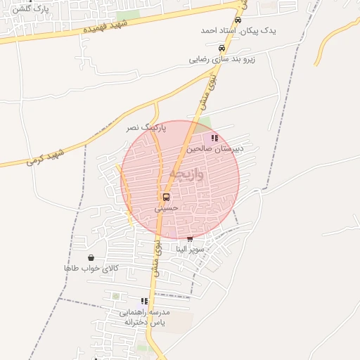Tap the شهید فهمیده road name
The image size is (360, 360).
click(x=105, y=27)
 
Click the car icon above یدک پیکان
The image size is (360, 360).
click(x=238, y=20)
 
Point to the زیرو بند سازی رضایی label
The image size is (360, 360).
click(x=221, y=60)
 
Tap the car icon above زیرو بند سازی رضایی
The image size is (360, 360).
click(x=222, y=49)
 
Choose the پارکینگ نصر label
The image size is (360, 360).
click(x=146, y=128)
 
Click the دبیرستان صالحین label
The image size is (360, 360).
click(x=215, y=150)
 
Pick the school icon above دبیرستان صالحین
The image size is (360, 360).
click(x=214, y=139)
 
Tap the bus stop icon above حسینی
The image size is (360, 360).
click(x=167, y=197)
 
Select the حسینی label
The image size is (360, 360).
click(x=167, y=208)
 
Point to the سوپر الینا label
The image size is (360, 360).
click(x=190, y=250)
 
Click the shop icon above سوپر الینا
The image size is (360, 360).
click(x=190, y=239)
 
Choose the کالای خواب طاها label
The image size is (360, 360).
click(x=91, y=269)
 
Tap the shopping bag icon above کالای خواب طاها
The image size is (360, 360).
click(x=91, y=258)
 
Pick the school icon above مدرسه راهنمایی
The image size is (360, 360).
click(x=145, y=301)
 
